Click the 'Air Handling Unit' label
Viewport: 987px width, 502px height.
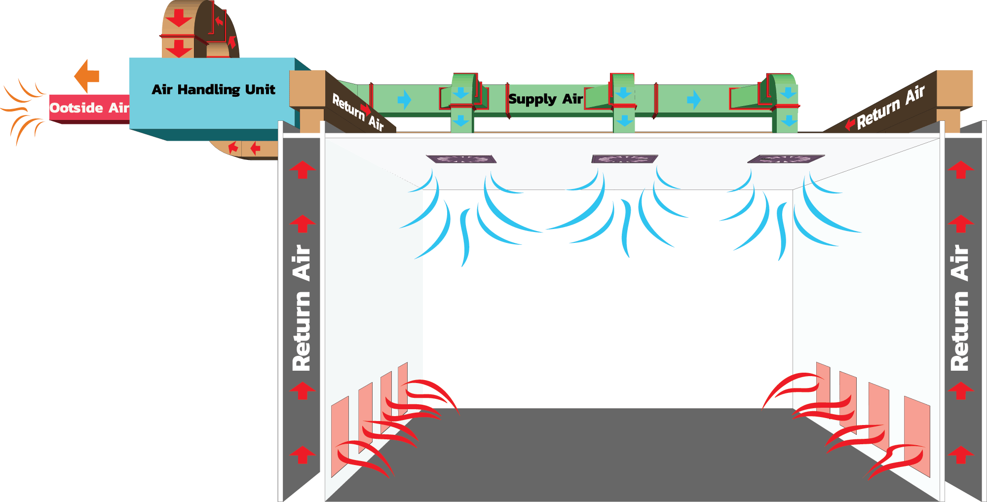(x=213, y=89)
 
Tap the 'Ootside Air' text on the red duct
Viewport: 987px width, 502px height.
(x=89, y=108)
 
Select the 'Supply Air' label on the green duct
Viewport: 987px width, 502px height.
(x=545, y=99)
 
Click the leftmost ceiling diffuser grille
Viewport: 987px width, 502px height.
(x=461, y=159)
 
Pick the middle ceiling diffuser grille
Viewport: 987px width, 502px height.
(x=624, y=159)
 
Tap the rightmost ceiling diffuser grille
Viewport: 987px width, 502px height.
(x=786, y=159)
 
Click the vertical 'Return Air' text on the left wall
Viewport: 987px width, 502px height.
(x=302, y=308)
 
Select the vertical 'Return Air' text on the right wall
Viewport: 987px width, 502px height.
(x=960, y=308)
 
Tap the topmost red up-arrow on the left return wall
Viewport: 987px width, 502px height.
(x=302, y=169)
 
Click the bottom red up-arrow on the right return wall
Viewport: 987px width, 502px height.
(x=960, y=455)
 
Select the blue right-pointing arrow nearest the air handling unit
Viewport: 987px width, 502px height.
(x=404, y=100)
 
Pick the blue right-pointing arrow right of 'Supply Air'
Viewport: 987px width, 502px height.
(x=693, y=100)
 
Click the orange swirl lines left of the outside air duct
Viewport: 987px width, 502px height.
(x=22, y=110)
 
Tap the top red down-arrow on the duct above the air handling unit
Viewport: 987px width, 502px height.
(x=178, y=17)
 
